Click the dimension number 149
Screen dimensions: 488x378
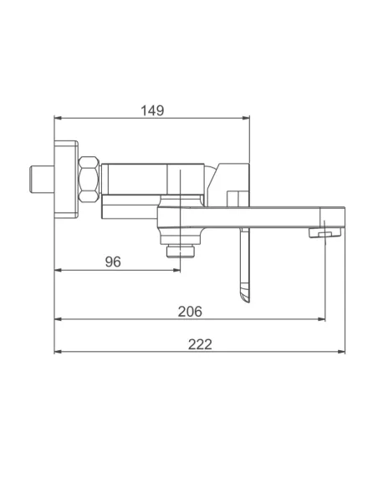coord(152,109)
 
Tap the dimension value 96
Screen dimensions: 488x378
coord(114,261)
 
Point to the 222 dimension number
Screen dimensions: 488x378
coord(199,343)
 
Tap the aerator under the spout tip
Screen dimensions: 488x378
coord(315,231)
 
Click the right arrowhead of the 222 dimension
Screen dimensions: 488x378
coord(340,351)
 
